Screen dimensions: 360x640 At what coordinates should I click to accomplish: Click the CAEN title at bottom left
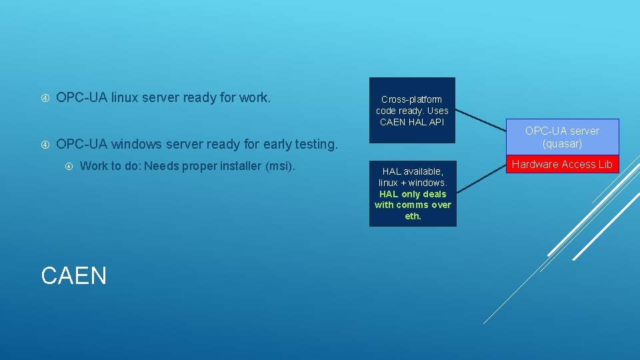(73, 275)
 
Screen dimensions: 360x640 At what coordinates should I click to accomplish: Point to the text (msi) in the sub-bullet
(280, 166)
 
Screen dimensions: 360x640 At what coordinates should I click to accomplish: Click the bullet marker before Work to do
(69, 166)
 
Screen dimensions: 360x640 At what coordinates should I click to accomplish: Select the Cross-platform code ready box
(412, 110)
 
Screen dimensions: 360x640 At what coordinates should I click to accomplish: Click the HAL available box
(413, 193)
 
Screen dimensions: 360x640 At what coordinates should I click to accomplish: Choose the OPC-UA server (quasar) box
(562, 137)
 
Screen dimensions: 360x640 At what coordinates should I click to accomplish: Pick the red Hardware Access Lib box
(562, 164)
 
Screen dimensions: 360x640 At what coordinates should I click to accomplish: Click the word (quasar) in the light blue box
(562, 143)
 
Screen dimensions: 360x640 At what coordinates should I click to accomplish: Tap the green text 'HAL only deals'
(413, 194)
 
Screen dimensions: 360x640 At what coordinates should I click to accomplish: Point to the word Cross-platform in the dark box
(412, 99)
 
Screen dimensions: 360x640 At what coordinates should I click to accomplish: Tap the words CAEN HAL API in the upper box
(411, 121)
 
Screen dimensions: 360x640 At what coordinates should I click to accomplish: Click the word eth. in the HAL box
(413, 216)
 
